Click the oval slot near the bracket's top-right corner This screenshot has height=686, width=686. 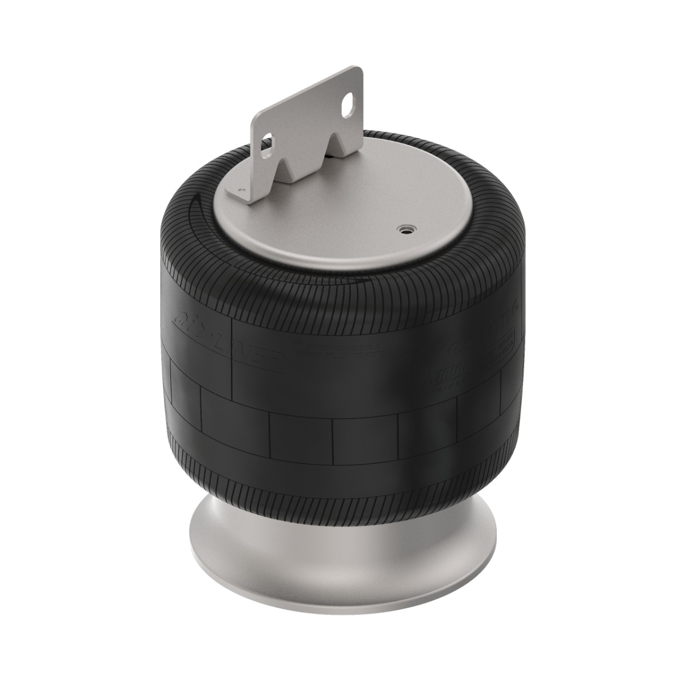[x=346, y=105]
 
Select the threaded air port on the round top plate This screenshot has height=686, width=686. [x=405, y=229]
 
